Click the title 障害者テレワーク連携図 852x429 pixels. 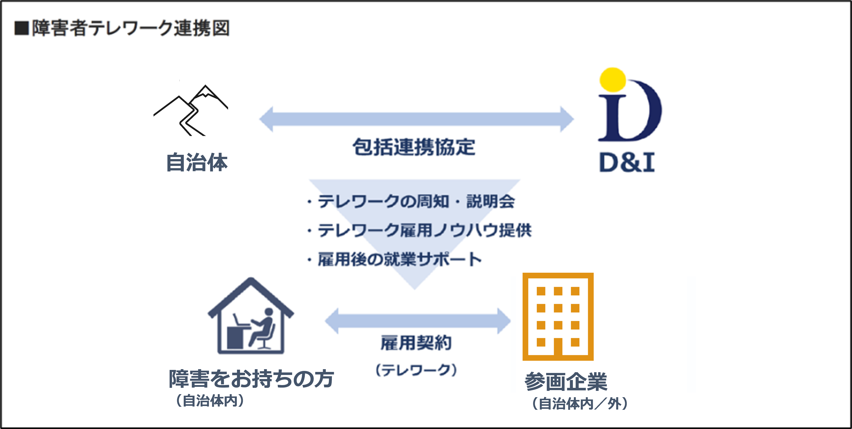point(131,28)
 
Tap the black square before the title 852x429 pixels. point(22,28)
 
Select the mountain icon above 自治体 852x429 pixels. point(191,110)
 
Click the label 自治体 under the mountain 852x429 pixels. point(197,162)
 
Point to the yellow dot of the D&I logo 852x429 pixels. point(613,80)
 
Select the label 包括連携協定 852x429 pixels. point(414,147)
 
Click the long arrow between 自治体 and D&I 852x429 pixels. point(416,119)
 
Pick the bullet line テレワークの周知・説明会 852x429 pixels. point(411,201)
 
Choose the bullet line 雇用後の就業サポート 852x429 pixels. point(394,259)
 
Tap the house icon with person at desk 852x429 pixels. point(251,315)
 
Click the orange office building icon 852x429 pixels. point(558,316)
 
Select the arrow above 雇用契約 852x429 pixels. point(418,321)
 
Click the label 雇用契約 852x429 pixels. point(416,343)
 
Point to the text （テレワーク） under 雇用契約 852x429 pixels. point(416,370)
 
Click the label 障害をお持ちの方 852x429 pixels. point(251,379)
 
